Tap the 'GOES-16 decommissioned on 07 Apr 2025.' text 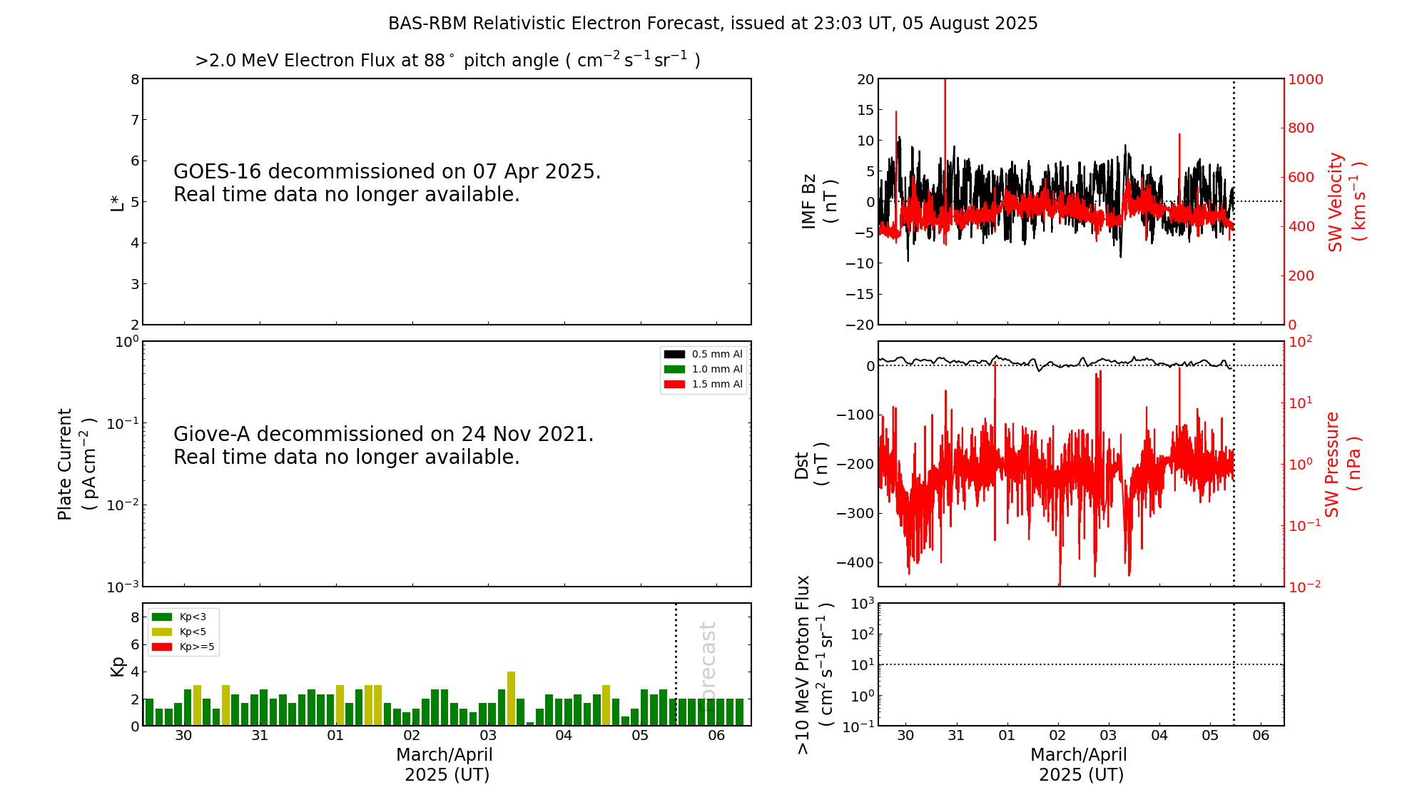(387, 172)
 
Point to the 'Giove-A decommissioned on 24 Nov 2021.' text (383, 435)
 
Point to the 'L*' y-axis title (117, 202)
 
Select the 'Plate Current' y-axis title (65, 464)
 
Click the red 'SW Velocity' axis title (1336, 202)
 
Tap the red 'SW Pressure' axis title (1332, 464)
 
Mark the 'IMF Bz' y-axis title (808, 201)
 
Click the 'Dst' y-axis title (801, 465)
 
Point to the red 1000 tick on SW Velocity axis (1305, 79)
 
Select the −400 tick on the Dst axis (855, 562)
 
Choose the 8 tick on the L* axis (135, 79)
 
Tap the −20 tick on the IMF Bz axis (859, 325)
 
